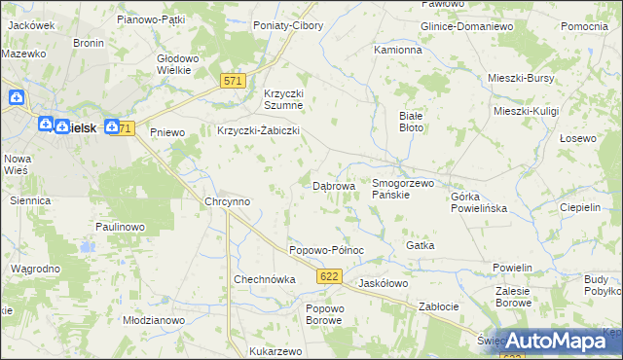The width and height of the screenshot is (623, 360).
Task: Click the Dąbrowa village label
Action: (x=333, y=185)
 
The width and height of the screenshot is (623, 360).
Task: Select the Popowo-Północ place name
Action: (x=326, y=250)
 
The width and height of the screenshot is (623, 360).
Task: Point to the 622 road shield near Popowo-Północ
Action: (x=329, y=278)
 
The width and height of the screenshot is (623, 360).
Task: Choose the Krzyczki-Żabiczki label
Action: (x=257, y=130)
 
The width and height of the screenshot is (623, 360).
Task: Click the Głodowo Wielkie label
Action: (x=179, y=64)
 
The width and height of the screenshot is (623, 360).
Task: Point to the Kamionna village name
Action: (x=398, y=49)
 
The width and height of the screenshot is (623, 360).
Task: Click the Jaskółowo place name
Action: (x=383, y=283)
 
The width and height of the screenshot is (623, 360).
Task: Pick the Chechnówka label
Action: (x=264, y=279)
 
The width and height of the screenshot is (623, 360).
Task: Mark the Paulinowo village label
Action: (x=120, y=227)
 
